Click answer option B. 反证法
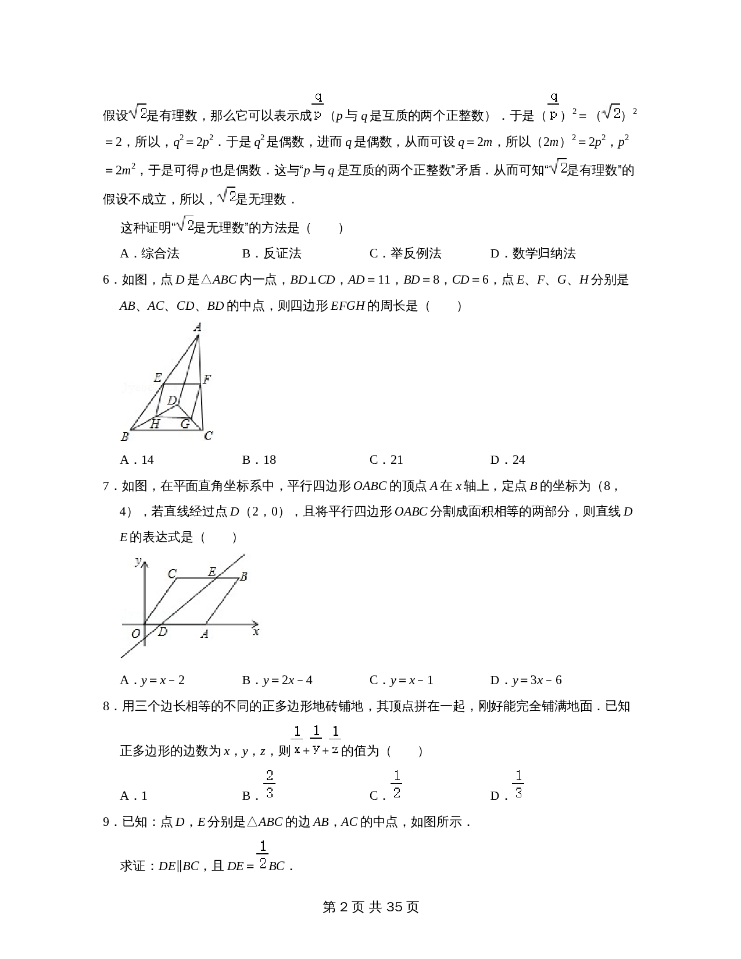pyautogui.click(x=271, y=253)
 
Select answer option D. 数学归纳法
pyautogui.click(x=533, y=253)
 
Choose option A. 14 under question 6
pyautogui.click(x=137, y=460)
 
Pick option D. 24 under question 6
pyautogui.click(x=507, y=460)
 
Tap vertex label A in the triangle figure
pyautogui.click(x=198, y=328)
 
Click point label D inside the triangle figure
pyautogui.click(x=172, y=400)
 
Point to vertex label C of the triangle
pyautogui.click(x=209, y=436)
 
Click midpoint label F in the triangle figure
pyautogui.click(x=207, y=380)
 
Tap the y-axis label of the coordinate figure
pyautogui.click(x=138, y=561)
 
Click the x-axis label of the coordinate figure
pyautogui.click(x=256, y=631)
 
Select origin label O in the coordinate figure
pyautogui.click(x=135, y=634)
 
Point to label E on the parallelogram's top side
pyautogui.click(x=212, y=572)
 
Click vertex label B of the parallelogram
pyautogui.click(x=244, y=577)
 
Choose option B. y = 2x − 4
pyautogui.click(x=277, y=680)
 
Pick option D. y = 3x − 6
pyautogui.click(x=526, y=680)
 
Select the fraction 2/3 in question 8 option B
pyautogui.click(x=269, y=784)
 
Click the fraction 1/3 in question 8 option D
pyautogui.click(x=518, y=784)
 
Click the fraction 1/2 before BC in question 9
pyautogui.click(x=263, y=855)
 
